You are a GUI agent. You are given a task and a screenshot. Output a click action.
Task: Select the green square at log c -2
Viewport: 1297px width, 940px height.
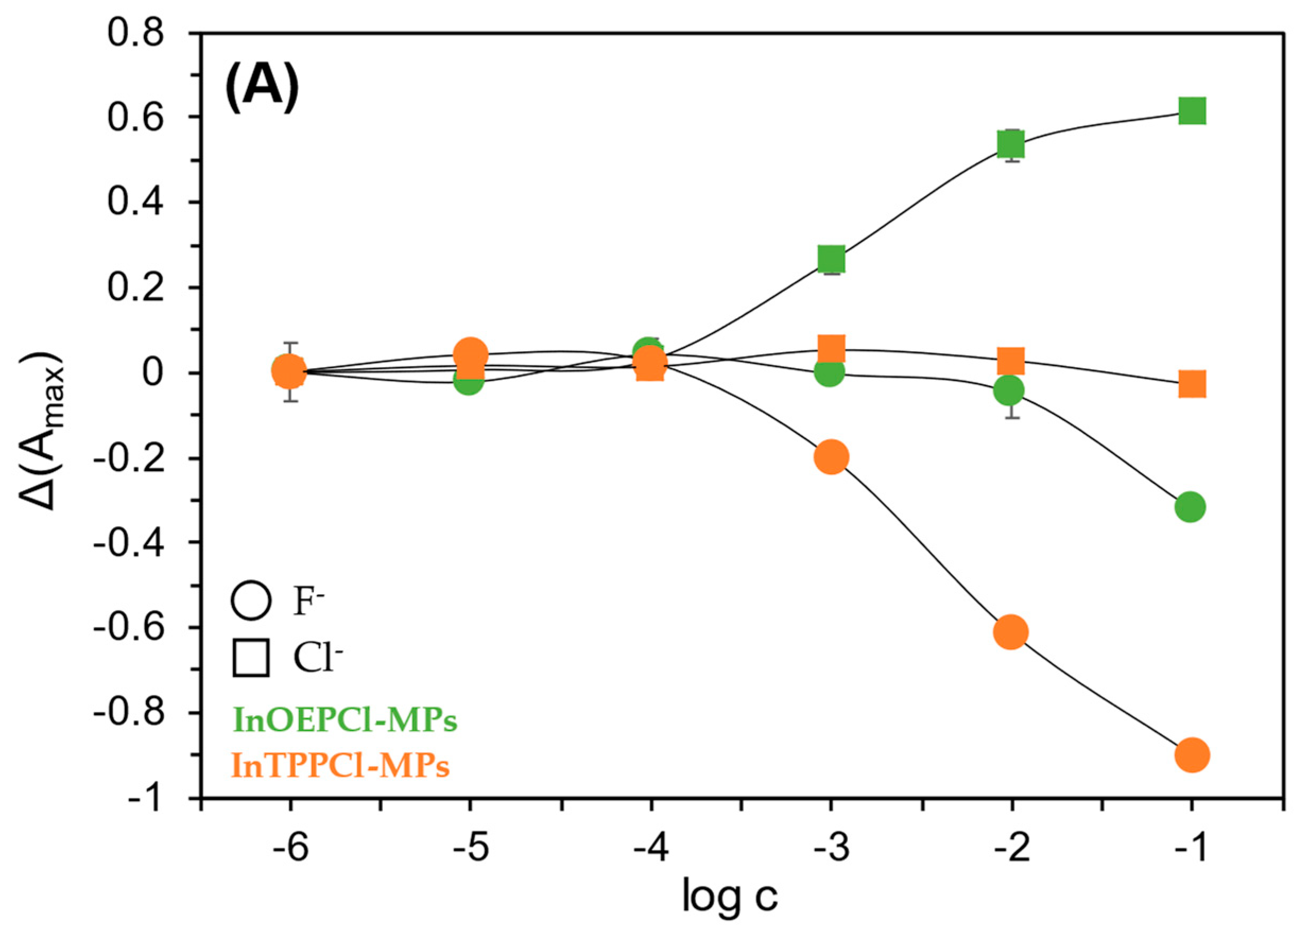click(1011, 144)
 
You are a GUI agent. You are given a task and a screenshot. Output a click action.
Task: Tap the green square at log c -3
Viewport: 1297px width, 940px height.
click(831, 259)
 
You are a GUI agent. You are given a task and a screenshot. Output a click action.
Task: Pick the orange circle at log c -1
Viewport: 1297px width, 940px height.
click(1192, 755)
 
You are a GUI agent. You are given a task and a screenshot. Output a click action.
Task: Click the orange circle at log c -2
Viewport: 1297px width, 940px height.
click(1011, 632)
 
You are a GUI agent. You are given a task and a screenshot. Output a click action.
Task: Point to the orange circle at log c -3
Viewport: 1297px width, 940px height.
click(831, 457)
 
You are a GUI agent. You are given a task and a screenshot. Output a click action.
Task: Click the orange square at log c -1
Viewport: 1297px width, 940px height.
click(1192, 384)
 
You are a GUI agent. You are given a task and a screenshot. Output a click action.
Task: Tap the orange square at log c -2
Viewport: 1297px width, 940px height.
click(1011, 361)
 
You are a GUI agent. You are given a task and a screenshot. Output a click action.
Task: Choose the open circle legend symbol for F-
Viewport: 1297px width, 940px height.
click(250, 602)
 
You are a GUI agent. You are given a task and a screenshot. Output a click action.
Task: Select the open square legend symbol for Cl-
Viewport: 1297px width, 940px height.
click(251, 659)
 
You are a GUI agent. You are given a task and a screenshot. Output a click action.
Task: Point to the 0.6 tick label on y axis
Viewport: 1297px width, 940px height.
click(136, 118)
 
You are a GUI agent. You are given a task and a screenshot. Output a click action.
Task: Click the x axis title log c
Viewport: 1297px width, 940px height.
click(730, 897)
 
